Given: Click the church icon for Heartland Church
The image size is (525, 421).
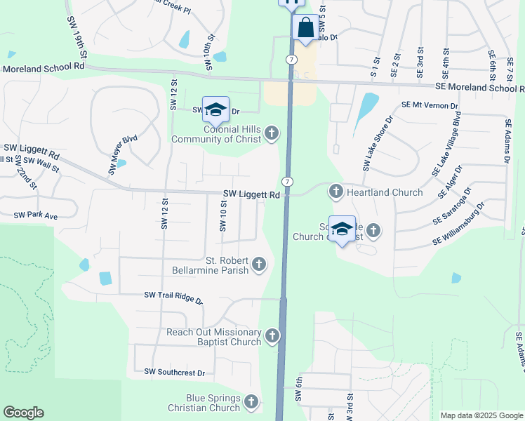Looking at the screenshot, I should click(336, 191).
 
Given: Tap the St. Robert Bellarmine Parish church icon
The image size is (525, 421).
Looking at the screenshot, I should click(259, 264).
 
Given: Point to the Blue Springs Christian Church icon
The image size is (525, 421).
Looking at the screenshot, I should click(251, 402).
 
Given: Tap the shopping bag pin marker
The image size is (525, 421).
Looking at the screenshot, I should click(306, 29).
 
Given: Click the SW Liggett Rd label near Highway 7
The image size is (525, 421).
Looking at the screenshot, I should click(251, 194).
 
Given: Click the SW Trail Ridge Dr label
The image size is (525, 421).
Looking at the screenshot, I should click(173, 298).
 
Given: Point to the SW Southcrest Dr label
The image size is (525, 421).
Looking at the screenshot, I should click(174, 372).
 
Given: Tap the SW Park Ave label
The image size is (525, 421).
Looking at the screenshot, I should click(36, 215).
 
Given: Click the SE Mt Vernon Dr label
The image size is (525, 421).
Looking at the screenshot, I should click(430, 105).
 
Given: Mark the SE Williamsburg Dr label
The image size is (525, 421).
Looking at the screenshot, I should click(459, 224).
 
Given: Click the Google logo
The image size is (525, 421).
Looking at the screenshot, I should click(24, 413).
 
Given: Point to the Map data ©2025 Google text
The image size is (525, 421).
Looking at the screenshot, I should click(481, 415).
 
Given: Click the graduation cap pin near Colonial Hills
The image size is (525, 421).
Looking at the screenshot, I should click(215, 109).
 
